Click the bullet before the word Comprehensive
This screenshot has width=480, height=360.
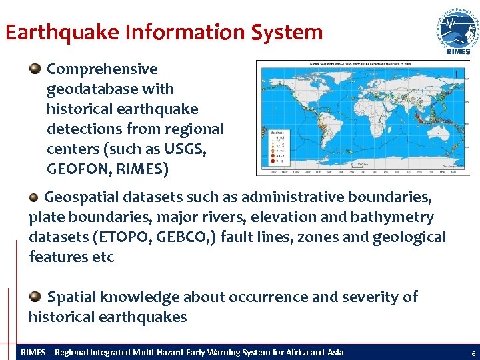pyautogui.click(x=35, y=69)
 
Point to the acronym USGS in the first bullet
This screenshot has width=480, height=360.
pyautogui.click(x=186, y=149)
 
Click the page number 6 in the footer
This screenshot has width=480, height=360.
pyautogui.click(x=473, y=353)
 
